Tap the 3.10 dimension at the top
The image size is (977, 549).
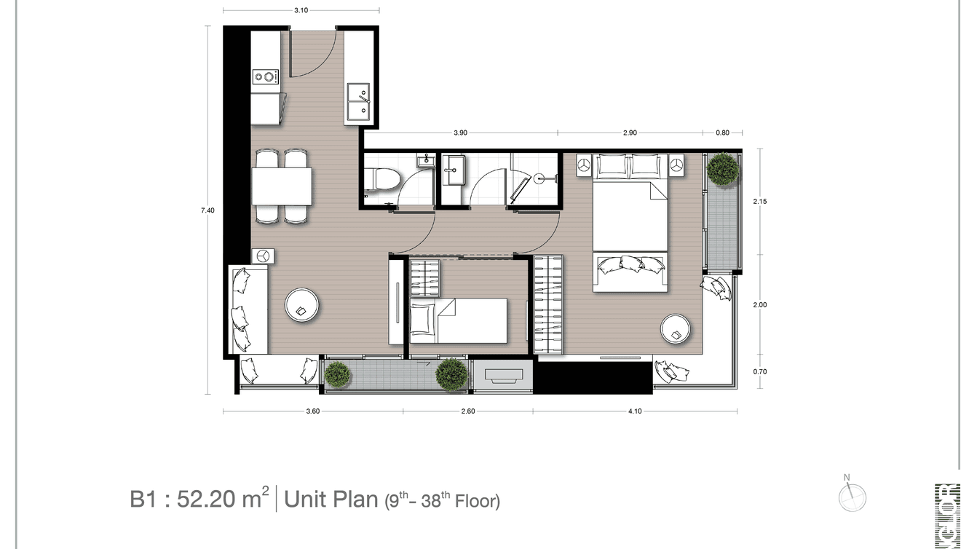[x=301, y=10]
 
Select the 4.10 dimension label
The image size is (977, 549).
[x=635, y=411]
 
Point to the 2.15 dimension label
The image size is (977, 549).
[x=759, y=201]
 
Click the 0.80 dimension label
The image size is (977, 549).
[x=722, y=133]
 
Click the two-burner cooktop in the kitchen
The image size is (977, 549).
[x=265, y=76]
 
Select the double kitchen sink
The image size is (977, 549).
[x=358, y=101]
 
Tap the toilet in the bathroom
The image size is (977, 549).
[x=383, y=179]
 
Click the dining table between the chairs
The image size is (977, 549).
[x=281, y=186]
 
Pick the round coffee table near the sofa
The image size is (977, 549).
[x=301, y=305]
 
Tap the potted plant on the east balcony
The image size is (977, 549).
[x=722, y=168]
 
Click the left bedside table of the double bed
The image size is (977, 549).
[x=583, y=165]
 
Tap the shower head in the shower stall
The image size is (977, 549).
[x=540, y=177]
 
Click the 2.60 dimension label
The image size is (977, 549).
[x=468, y=411]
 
